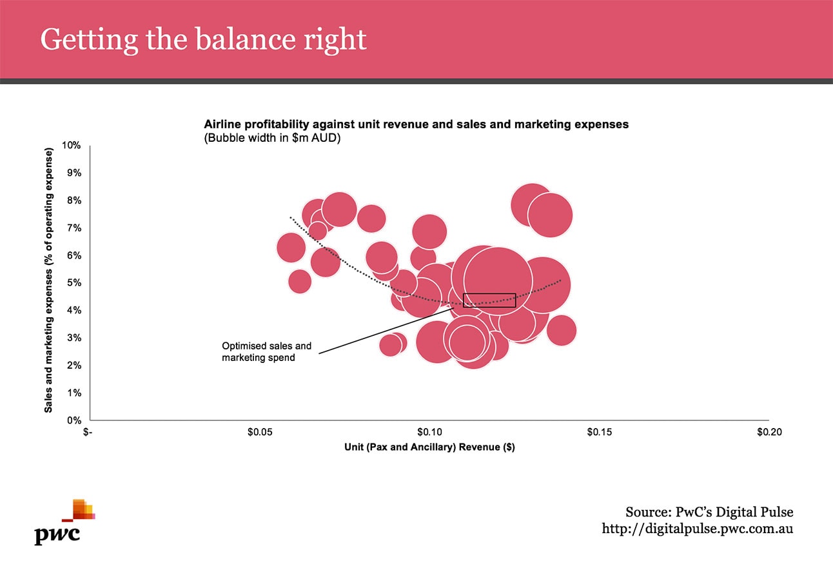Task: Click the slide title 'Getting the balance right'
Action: (x=203, y=39)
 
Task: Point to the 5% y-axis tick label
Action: (x=75, y=283)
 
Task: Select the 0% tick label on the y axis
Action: (x=75, y=420)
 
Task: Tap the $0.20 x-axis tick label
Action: (x=769, y=432)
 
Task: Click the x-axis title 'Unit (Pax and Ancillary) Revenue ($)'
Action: (x=429, y=447)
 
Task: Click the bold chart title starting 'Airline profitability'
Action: (x=416, y=124)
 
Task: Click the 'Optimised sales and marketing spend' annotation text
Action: (x=266, y=351)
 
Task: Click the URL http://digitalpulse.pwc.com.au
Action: (x=697, y=529)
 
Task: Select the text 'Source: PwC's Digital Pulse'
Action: (x=709, y=512)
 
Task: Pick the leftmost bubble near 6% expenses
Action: (x=291, y=247)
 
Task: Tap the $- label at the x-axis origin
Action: (x=89, y=432)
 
